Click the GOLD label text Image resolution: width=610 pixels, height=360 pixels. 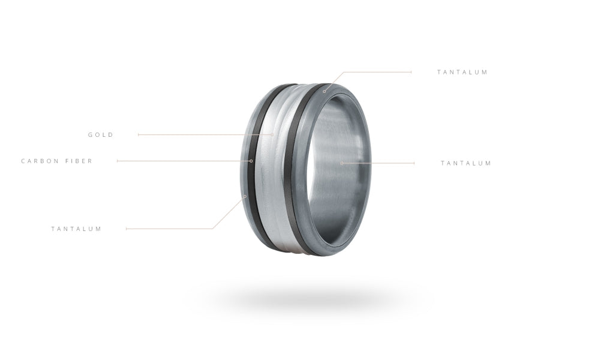(x=101, y=134)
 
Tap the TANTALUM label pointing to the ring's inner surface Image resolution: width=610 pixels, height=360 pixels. (x=466, y=163)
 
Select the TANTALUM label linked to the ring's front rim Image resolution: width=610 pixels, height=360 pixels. (x=462, y=72)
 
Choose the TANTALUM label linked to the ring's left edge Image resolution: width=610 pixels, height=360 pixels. (x=76, y=229)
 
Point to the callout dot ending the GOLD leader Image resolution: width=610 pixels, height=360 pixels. (x=272, y=134)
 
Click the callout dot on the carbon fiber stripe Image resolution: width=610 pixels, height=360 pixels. (x=251, y=161)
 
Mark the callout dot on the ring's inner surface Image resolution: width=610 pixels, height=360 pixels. (x=342, y=163)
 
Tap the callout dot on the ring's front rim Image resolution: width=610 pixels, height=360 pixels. (x=324, y=92)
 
